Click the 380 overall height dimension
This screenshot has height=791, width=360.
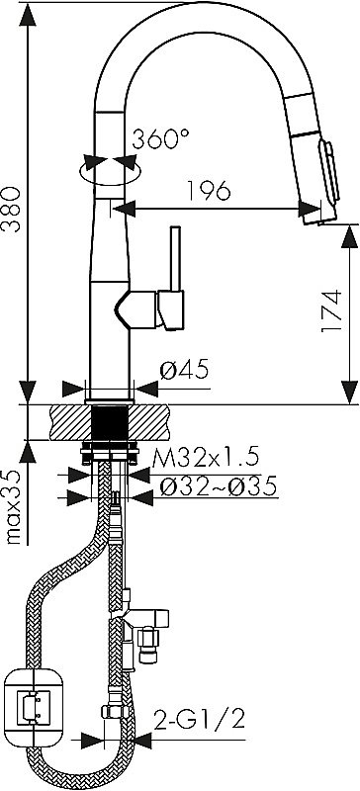coord(11,210)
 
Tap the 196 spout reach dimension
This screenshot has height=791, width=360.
coord(208,190)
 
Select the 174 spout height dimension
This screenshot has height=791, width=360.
coord(332,311)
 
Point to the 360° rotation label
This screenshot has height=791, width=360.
coord(160,139)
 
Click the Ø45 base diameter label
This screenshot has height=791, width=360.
coord(184,371)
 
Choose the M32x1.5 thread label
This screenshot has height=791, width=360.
coord(206,458)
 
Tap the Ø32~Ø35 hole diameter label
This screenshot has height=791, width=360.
coord(218,486)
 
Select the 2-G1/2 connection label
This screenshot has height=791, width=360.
coord(199,719)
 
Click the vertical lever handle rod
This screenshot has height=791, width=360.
coord(176,259)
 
